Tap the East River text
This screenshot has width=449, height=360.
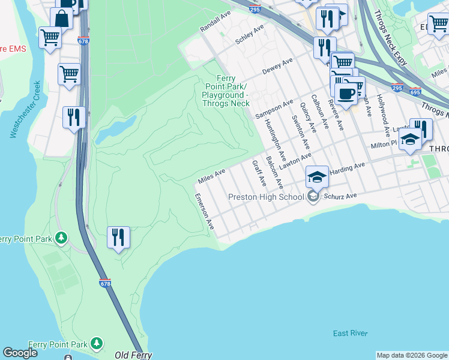click(351, 333)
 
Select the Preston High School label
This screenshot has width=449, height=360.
click(267, 197)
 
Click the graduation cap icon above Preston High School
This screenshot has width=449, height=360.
click(317, 177)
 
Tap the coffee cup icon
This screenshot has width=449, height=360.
click(345, 94)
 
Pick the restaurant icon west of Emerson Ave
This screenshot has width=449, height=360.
click(118, 238)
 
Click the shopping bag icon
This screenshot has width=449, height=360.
click(61, 18)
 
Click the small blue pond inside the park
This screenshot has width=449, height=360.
click(116, 128)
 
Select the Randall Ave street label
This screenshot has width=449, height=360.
click(215, 22)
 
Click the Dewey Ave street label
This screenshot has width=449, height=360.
click(277, 67)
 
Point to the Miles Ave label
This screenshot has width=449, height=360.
click(211, 176)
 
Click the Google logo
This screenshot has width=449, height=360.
click(20, 353)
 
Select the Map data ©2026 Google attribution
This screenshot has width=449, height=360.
click(412, 355)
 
